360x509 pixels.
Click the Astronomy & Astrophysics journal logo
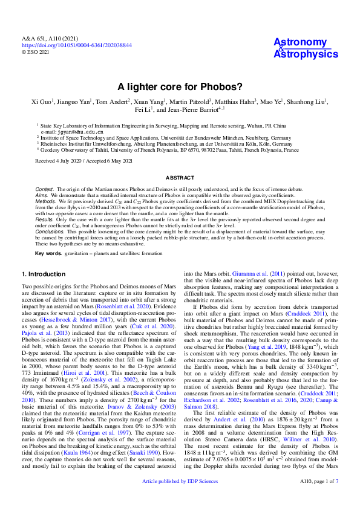pos(306,48)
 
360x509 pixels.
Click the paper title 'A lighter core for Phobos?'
pos(180,86)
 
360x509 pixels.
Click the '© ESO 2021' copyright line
pos(36,52)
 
